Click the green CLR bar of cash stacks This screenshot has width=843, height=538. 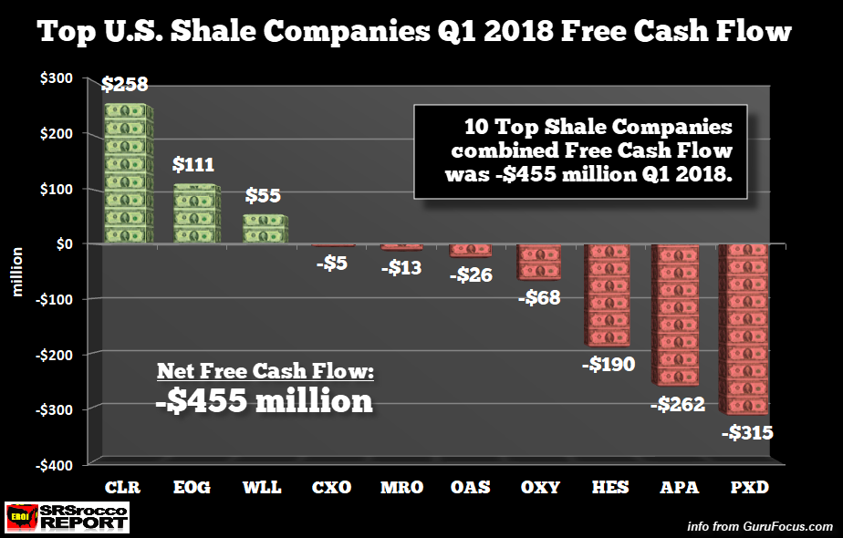[126, 173]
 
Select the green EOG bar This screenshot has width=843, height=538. [196, 214]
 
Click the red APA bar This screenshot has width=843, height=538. [676, 315]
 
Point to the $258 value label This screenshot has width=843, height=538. [125, 86]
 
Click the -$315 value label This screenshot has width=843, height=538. [747, 432]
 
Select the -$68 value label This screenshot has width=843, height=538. [537, 298]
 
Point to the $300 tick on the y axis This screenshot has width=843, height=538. [57, 79]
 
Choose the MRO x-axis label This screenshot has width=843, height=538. [401, 487]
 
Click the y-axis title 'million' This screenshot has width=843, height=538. [16, 271]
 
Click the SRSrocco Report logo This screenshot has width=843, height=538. [66, 516]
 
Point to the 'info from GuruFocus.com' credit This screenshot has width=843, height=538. [760, 526]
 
